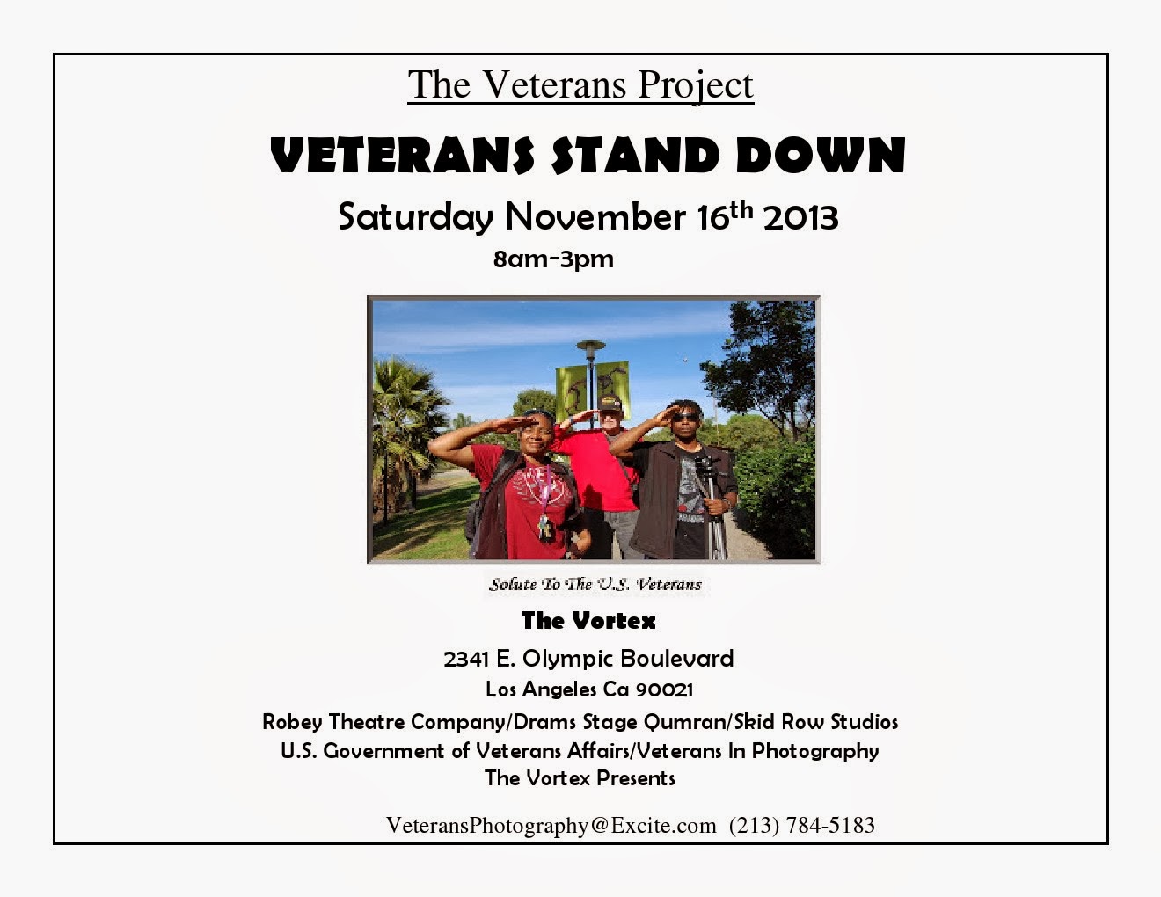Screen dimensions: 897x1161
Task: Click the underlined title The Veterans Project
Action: click(x=580, y=85)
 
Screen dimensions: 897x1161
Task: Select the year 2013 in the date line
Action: click(x=800, y=217)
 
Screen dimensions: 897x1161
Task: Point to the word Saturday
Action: click(x=415, y=217)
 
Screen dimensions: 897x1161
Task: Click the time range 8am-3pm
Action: click(x=553, y=259)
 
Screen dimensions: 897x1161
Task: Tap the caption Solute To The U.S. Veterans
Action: click(x=595, y=584)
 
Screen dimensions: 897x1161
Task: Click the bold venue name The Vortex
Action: click(x=588, y=621)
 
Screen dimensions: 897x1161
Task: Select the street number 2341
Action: click(x=465, y=659)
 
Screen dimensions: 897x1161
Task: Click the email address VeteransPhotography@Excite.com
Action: click(x=551, y=825)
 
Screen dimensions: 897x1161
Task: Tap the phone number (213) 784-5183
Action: click(x=802, y=825)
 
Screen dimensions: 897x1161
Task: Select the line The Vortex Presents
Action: click(x=580, y=778)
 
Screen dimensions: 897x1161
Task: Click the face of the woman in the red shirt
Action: click(x=536, y=434)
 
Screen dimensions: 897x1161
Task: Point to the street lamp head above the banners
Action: click(x=591, y=347)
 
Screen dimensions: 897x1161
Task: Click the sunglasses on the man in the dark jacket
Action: click(x=685, y=417)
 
